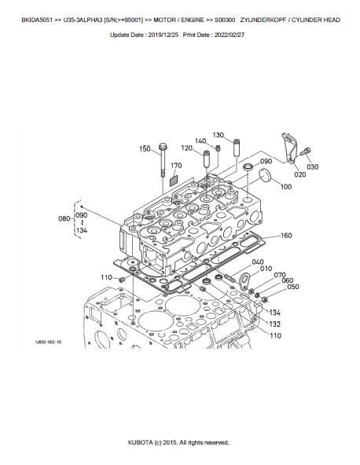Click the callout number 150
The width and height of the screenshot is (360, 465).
tap(145, 148)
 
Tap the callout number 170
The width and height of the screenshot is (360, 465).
tap(176, 166)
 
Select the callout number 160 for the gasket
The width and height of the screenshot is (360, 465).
tap(286, 236)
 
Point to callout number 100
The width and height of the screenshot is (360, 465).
tap(286, 186)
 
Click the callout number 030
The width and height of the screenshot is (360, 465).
tap(313, 167)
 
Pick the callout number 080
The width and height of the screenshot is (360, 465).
tap(64, 219)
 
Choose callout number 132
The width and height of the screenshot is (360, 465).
tap(275, 324)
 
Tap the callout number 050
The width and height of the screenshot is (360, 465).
tap(293, 287)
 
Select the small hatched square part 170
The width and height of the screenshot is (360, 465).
tap(174, 181)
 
